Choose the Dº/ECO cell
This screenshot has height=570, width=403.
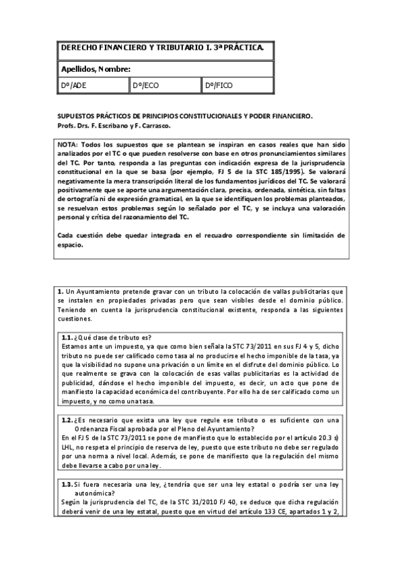(x=146, y=86)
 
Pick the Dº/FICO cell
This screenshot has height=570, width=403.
(x=219, y=86)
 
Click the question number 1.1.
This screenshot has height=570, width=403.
(x=67, y=337)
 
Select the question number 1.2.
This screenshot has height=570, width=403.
(x=67, y=421)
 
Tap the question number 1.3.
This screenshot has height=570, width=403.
(x=67, y=484)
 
